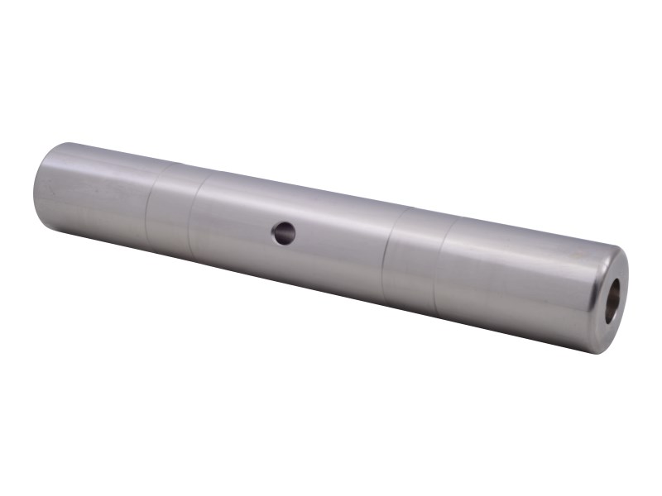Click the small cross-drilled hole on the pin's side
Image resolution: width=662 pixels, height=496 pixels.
click(283, 233)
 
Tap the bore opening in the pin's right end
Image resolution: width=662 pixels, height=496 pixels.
click(614, 302)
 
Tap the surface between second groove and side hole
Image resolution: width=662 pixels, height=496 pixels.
click(236, 222)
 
